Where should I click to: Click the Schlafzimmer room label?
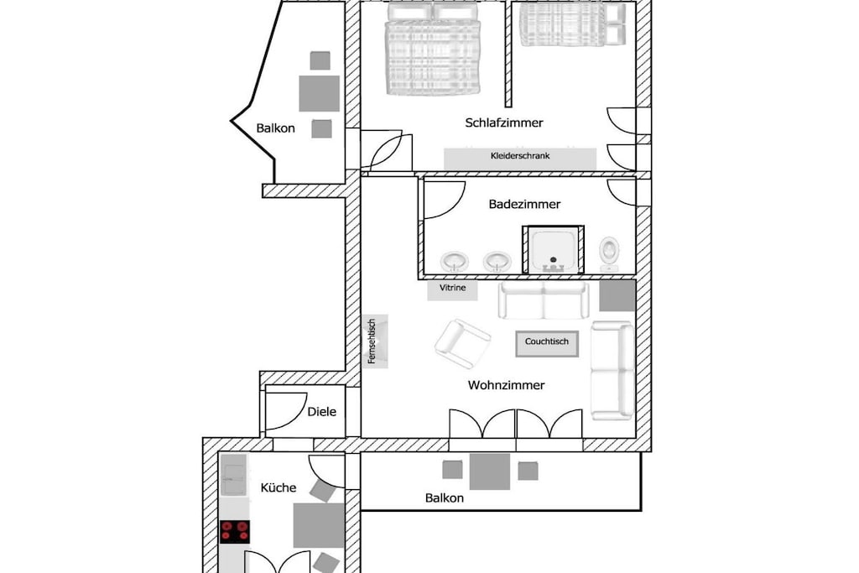[504, 122]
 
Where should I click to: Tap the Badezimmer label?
[524, 205]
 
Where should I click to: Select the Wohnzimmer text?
[506, 385]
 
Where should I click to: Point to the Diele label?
[321, 411]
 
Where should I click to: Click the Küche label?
[279, 487]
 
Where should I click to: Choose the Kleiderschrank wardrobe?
[520, 158]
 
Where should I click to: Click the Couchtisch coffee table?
[547, 343]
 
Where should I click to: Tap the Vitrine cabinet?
[452, 290]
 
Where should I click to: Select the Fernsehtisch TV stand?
[375, 341]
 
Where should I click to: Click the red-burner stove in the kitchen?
[235, 531]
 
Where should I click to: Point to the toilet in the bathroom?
[609, 253]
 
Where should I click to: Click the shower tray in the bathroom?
[554, 250]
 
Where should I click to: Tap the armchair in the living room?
[462, 344]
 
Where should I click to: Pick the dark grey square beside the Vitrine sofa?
[617, 296]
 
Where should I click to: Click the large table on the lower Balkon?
[490, 471]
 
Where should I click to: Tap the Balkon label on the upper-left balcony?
[275, 128]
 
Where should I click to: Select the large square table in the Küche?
[318, 526]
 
